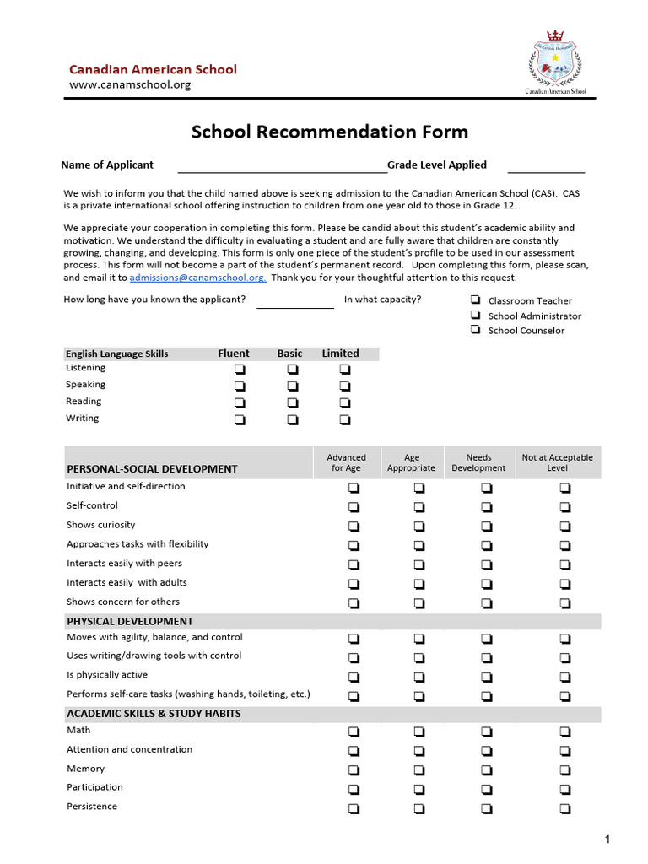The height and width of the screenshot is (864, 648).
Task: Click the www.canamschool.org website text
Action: (x=130, y=84)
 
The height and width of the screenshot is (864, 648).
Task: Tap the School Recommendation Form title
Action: (x=329, y=132)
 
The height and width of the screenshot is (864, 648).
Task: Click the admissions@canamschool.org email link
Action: (x=197, y=278)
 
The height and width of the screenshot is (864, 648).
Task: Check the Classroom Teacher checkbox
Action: (x=476, y=300)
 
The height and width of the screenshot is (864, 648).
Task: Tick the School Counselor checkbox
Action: (x=476, y=330)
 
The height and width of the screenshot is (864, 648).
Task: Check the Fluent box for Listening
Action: (x=240, y=369)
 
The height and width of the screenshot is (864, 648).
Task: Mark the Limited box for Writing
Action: (x=345, y=419)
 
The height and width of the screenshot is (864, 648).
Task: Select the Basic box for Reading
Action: (x=292, y=402)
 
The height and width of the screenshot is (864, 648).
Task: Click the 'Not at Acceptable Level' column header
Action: (x=557, y=462)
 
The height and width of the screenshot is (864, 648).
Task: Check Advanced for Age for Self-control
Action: (x=353, y=507)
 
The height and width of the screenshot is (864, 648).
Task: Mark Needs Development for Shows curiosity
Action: (x=487, y=526)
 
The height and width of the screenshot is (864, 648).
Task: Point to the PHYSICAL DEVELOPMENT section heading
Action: (x=130, y=621)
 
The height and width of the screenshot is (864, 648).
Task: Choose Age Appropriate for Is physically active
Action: (x=419, y=677)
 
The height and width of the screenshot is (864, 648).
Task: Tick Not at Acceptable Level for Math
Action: (x=564, y=732)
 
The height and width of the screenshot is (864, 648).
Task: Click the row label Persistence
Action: (x=92, y=807)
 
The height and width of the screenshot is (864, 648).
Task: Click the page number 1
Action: (x=607, y=839)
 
